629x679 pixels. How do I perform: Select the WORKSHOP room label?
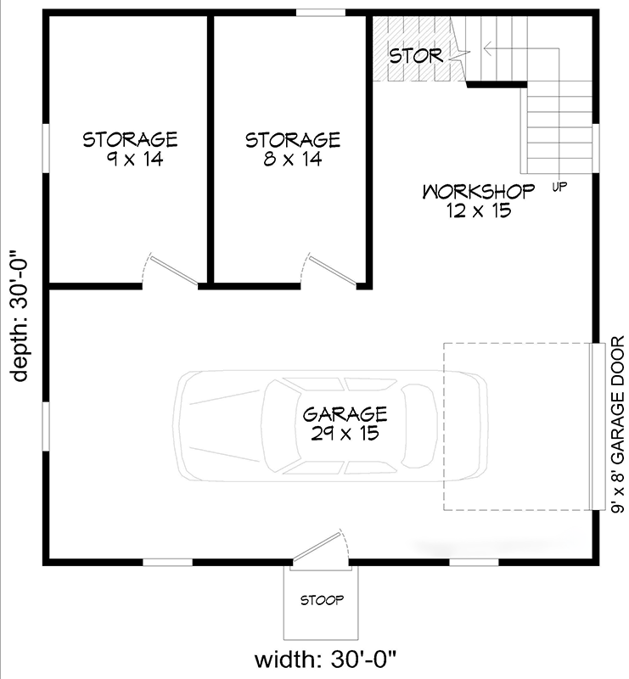pos(479,190)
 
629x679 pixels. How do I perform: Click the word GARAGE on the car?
pos(345,414)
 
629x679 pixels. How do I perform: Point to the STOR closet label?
pos(416,56)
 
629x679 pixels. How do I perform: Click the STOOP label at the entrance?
pos(322,601)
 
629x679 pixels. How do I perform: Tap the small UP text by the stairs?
pos(559,185)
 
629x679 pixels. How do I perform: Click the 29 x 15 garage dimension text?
pos(345,433)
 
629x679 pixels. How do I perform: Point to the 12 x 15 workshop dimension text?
pos(479,210)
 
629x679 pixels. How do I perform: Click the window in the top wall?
pos(320,13)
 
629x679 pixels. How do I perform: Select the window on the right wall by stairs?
pos(595,146)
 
